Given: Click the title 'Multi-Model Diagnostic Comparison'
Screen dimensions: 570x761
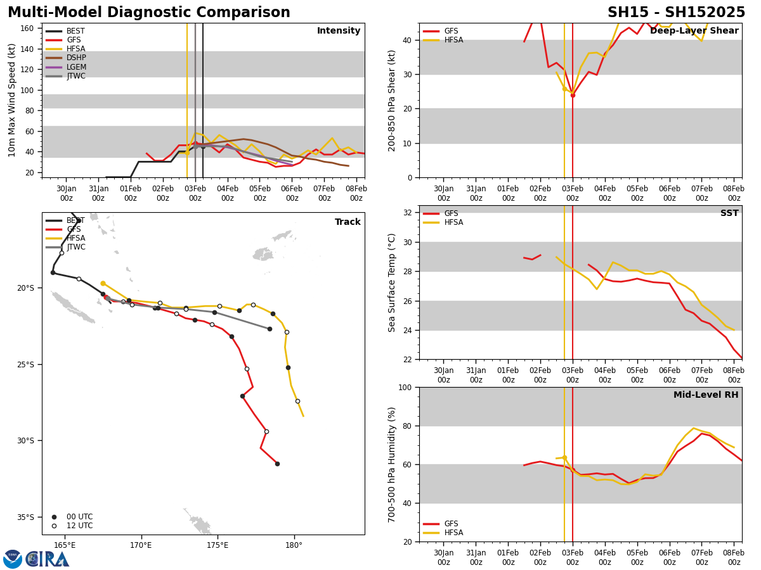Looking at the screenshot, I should coord(148,13).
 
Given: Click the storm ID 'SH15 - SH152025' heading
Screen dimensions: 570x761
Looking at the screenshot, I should coord(676,13).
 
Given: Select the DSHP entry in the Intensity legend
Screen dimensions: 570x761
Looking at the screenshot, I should coord(75,58).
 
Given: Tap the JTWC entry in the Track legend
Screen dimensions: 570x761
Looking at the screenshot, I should coord(75,247).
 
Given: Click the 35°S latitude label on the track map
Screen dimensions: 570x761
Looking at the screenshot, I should coord(25,517).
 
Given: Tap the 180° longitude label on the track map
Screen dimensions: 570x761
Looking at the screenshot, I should coord(294,545).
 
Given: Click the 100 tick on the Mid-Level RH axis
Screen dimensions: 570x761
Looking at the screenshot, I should coord(405,387).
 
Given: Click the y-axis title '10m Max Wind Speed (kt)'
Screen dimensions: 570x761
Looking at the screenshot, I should coord(12,100).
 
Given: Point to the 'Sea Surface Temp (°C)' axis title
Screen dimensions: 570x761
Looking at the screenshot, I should coord(392,282).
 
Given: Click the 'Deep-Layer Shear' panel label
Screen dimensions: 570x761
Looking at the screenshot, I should coord(694,31).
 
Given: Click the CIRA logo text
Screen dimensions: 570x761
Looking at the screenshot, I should coord(47,559).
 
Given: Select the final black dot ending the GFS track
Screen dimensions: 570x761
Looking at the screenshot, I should coord(277,464).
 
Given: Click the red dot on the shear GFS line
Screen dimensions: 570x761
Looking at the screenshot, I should coord(573,95).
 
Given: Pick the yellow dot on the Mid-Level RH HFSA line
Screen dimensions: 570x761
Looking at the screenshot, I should coord(564,457).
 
